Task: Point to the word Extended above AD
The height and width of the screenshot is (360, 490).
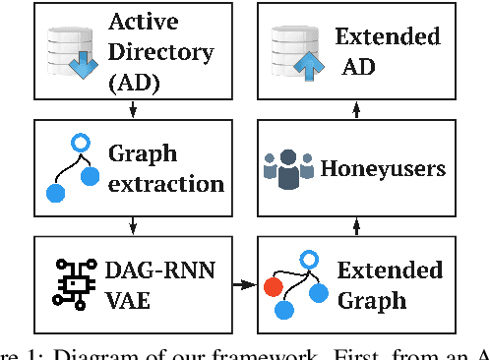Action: point(388,37)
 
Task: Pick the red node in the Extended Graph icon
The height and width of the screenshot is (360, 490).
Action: point(275,288)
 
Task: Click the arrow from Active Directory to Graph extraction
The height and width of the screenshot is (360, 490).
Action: point(132,110)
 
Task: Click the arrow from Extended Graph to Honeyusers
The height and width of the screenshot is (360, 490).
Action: point(356,225)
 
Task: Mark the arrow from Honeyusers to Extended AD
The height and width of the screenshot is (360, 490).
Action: point(356,109)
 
